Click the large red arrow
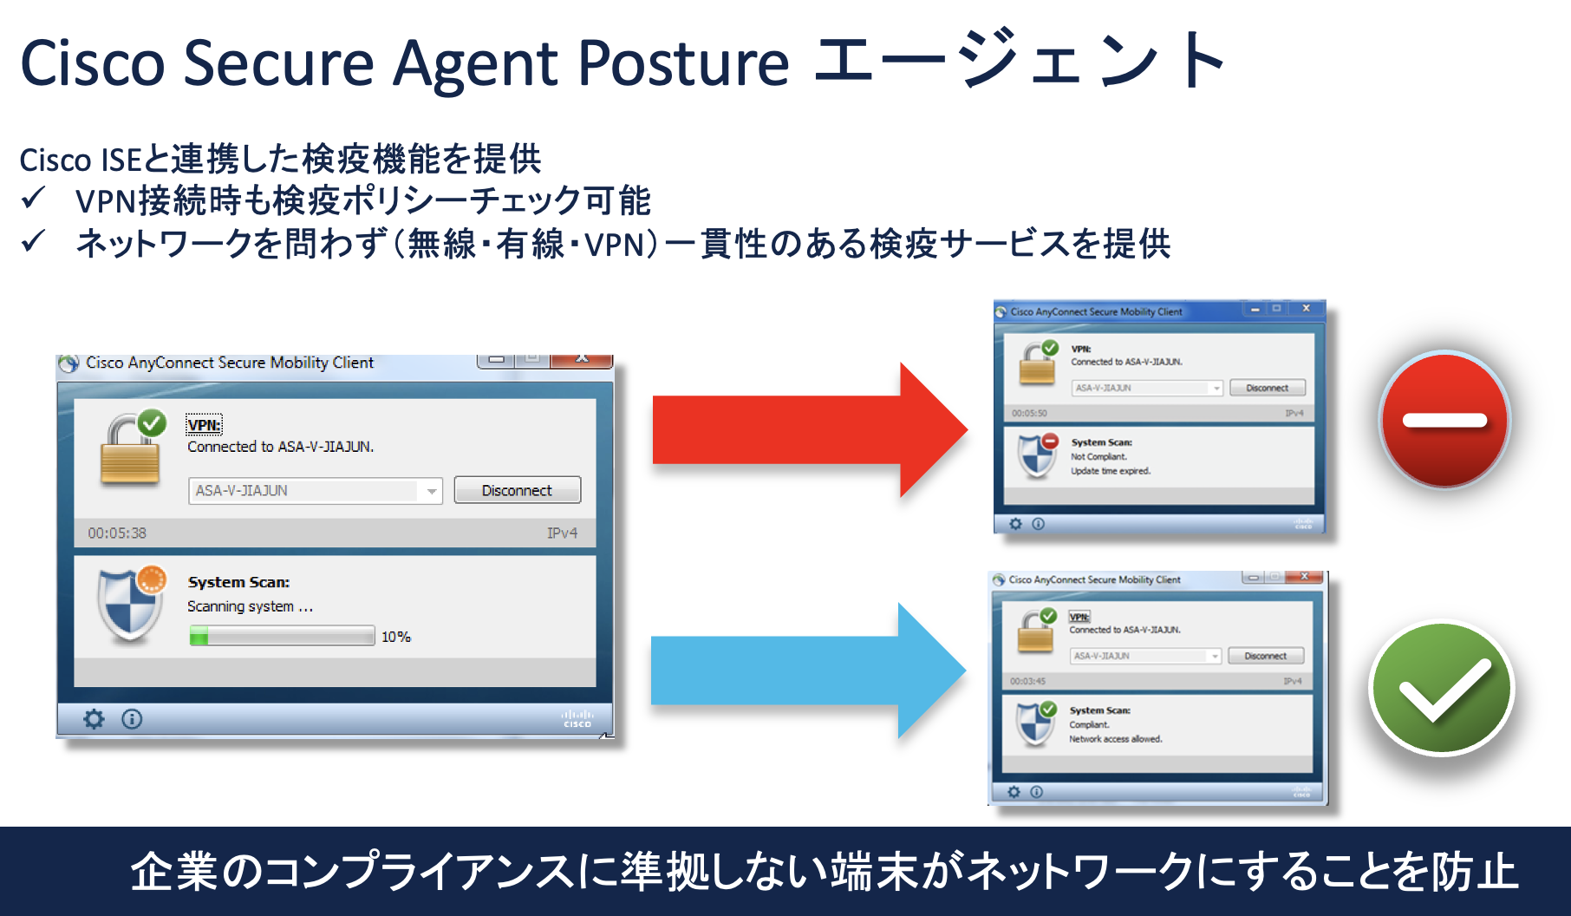[806, 430]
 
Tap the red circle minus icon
[1444, 421]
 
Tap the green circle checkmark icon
[1442, 689]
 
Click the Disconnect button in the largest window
[517, 490]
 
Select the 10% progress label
[396, 637]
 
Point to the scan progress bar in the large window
[282, 637]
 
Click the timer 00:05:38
[117, 533]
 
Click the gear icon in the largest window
[94, 719]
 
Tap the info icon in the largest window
[132, 719]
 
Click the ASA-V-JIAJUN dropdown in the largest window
[315, 491]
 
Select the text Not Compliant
[1098, 456]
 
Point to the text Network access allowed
[1115, 739]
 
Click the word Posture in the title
[683, 64]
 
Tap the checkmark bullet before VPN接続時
[34, 200]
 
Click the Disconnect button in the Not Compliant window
[1267, 388]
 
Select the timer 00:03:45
[1027, 681]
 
